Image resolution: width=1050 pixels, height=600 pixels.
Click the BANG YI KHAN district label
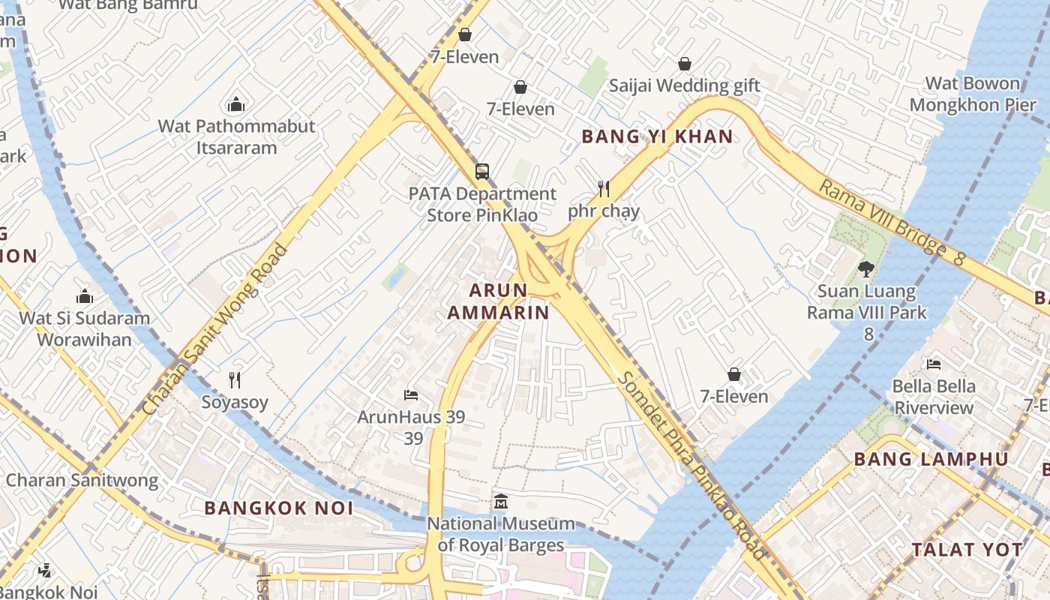tap(657, 136)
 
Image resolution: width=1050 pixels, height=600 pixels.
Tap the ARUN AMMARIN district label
tap(499, 301)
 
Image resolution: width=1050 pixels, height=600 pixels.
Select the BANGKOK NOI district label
tap(278, 508)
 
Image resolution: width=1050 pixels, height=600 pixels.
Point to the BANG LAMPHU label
tap(931, 459)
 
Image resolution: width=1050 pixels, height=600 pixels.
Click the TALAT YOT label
tap(967, 550)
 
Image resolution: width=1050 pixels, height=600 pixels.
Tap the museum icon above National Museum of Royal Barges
tap(500, 501)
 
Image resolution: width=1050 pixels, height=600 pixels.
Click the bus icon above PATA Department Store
tap(482, 172)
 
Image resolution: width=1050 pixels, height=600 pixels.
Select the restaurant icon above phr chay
tap(603, 188)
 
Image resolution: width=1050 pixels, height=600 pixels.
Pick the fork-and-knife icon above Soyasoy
tap(235, 380)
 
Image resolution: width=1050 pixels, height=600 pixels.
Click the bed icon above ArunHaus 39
tap(410, 394)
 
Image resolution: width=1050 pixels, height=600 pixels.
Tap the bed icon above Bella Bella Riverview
tap(934, 364)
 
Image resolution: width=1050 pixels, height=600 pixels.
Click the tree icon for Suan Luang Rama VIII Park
tap(866, 268)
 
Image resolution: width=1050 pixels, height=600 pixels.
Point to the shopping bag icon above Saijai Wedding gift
tap(684, 64)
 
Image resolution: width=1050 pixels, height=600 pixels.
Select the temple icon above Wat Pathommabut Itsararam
tap(236, 104)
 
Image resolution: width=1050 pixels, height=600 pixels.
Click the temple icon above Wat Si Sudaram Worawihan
tap(85, 296)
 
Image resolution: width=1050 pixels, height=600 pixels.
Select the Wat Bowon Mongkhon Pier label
tap(973, 94)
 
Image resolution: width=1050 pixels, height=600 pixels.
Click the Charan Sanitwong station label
tap(82, 480)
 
